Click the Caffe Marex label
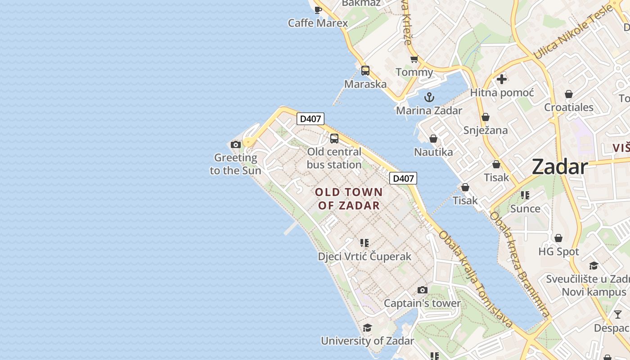tap(318, 23)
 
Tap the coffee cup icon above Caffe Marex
tap(318, 10)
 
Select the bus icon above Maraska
tap(365, 71)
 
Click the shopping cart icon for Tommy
tap(414, 59)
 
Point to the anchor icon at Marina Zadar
tap(429, 97)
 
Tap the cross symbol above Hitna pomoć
tap(502, 79)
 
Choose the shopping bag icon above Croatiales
tap(569, 94)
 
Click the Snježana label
tap(486, 130)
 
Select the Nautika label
tap(433, 152)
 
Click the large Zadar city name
tap(560, 167)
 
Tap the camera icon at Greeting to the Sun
tap(235, 144)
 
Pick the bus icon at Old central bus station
tap(334, 139)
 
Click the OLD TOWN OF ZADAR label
tap(349, 199)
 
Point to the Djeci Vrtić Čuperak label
tap(364, 256)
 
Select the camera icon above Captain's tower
tap(422, 290)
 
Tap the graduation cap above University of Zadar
tap(367, 328)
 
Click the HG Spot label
tap(558, 252)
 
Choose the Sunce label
tap(525, 209)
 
